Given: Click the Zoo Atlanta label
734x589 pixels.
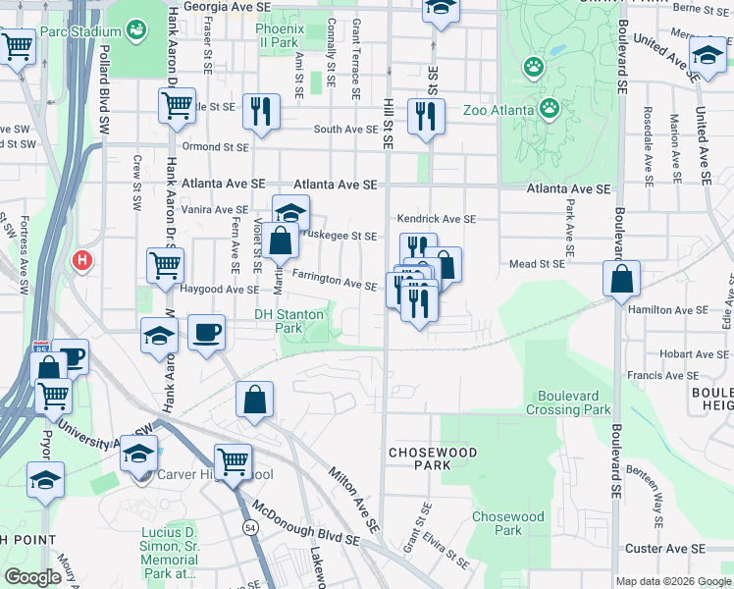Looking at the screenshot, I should (x=498, y=109).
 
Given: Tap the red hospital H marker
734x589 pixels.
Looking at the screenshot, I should (x=81, y=262).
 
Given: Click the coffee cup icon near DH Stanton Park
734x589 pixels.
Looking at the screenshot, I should (x=206, y=332).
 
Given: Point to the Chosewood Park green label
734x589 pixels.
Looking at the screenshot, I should (x=507, y=523).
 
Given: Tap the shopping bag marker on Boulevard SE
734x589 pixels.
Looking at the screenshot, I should (x=622, y=278).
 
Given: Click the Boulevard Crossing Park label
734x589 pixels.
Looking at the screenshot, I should (x=574, y=402).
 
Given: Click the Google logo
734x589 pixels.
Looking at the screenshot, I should (x=32, y=577).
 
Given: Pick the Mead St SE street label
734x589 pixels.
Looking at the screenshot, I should (x=537, y=264).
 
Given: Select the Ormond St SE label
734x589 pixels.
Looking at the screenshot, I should (x=219, y=147).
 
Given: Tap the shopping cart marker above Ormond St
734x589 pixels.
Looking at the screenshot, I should (x=176, y=104).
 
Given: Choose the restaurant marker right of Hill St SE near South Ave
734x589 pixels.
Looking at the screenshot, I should (x=426, y=114).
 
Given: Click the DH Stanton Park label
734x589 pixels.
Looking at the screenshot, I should (x=288, y=321).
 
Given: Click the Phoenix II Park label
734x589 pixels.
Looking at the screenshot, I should (x=276, y=36).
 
